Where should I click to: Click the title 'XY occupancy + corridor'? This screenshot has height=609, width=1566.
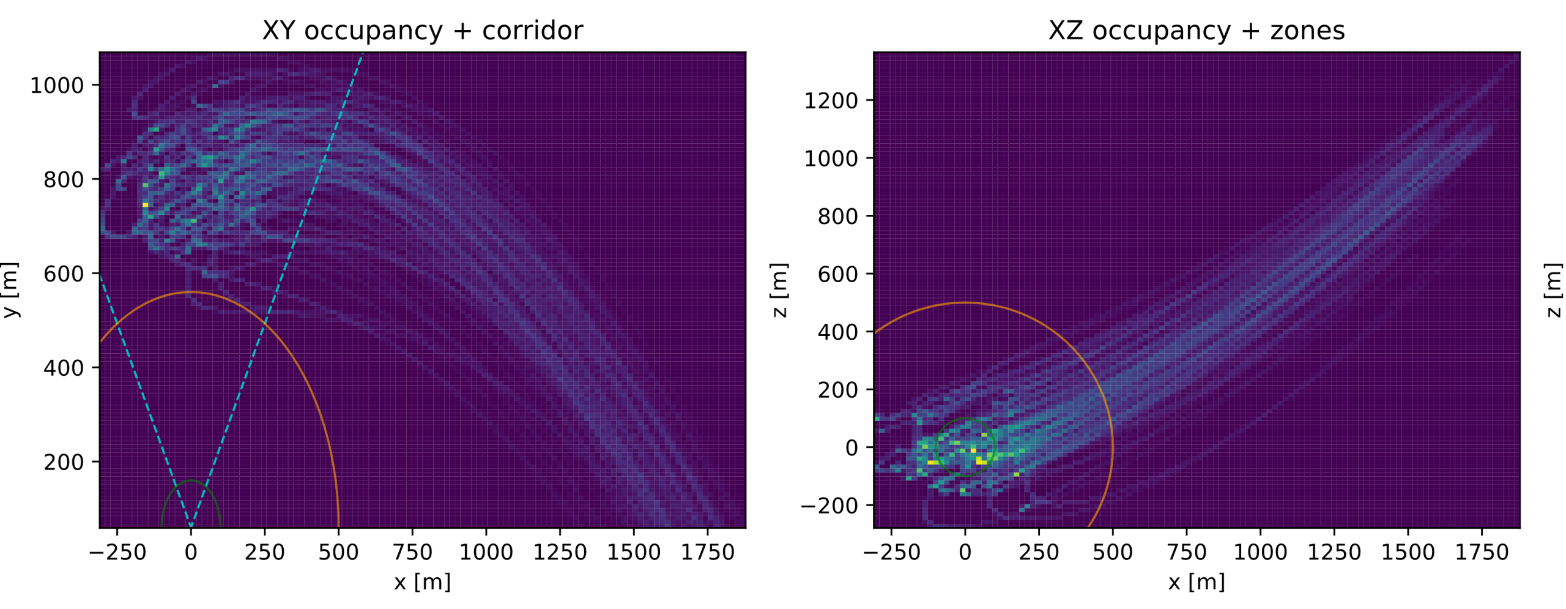[x=422, y=31]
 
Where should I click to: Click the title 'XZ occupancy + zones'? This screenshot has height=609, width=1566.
[x=1196, y=31]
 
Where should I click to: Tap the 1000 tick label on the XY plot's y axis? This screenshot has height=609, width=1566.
[x=57, y=86]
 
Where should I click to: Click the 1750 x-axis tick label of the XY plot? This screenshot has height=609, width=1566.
[x=707, y=553]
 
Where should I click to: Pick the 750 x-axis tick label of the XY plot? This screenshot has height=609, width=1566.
[x=412, y=553]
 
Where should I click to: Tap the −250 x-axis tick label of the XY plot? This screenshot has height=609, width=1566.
[x=117, y=553]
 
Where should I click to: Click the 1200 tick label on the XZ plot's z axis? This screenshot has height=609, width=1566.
[x=831, y=101]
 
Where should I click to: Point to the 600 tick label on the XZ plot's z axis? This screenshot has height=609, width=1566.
[x=837, y=274]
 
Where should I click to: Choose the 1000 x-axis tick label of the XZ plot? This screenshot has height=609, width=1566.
[x=1260, y=553]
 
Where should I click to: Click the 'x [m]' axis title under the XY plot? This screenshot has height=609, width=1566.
[x=422, y=581]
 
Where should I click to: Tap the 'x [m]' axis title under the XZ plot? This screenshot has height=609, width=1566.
[x=1196, y=581]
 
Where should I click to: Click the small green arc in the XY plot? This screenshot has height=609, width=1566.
[x=191, y=481]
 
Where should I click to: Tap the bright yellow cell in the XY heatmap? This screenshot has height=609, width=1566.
[x=145, y=204]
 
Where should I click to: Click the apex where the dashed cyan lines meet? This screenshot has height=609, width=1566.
[x=191, y=525]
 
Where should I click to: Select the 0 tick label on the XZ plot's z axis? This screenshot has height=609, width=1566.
[x=851, y=448]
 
